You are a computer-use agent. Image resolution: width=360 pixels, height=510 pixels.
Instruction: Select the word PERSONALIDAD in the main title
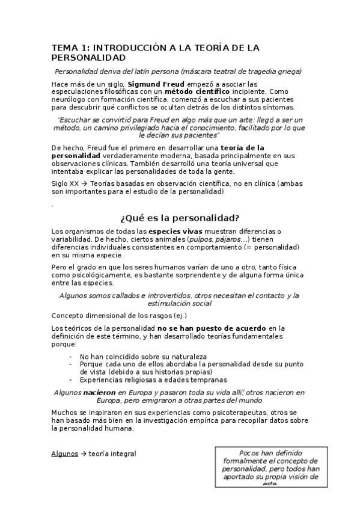pyautogui.click(x=88, y=58)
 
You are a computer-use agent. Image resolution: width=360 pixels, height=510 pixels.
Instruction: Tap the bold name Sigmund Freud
pyautogui.click(x=150, y=84)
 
